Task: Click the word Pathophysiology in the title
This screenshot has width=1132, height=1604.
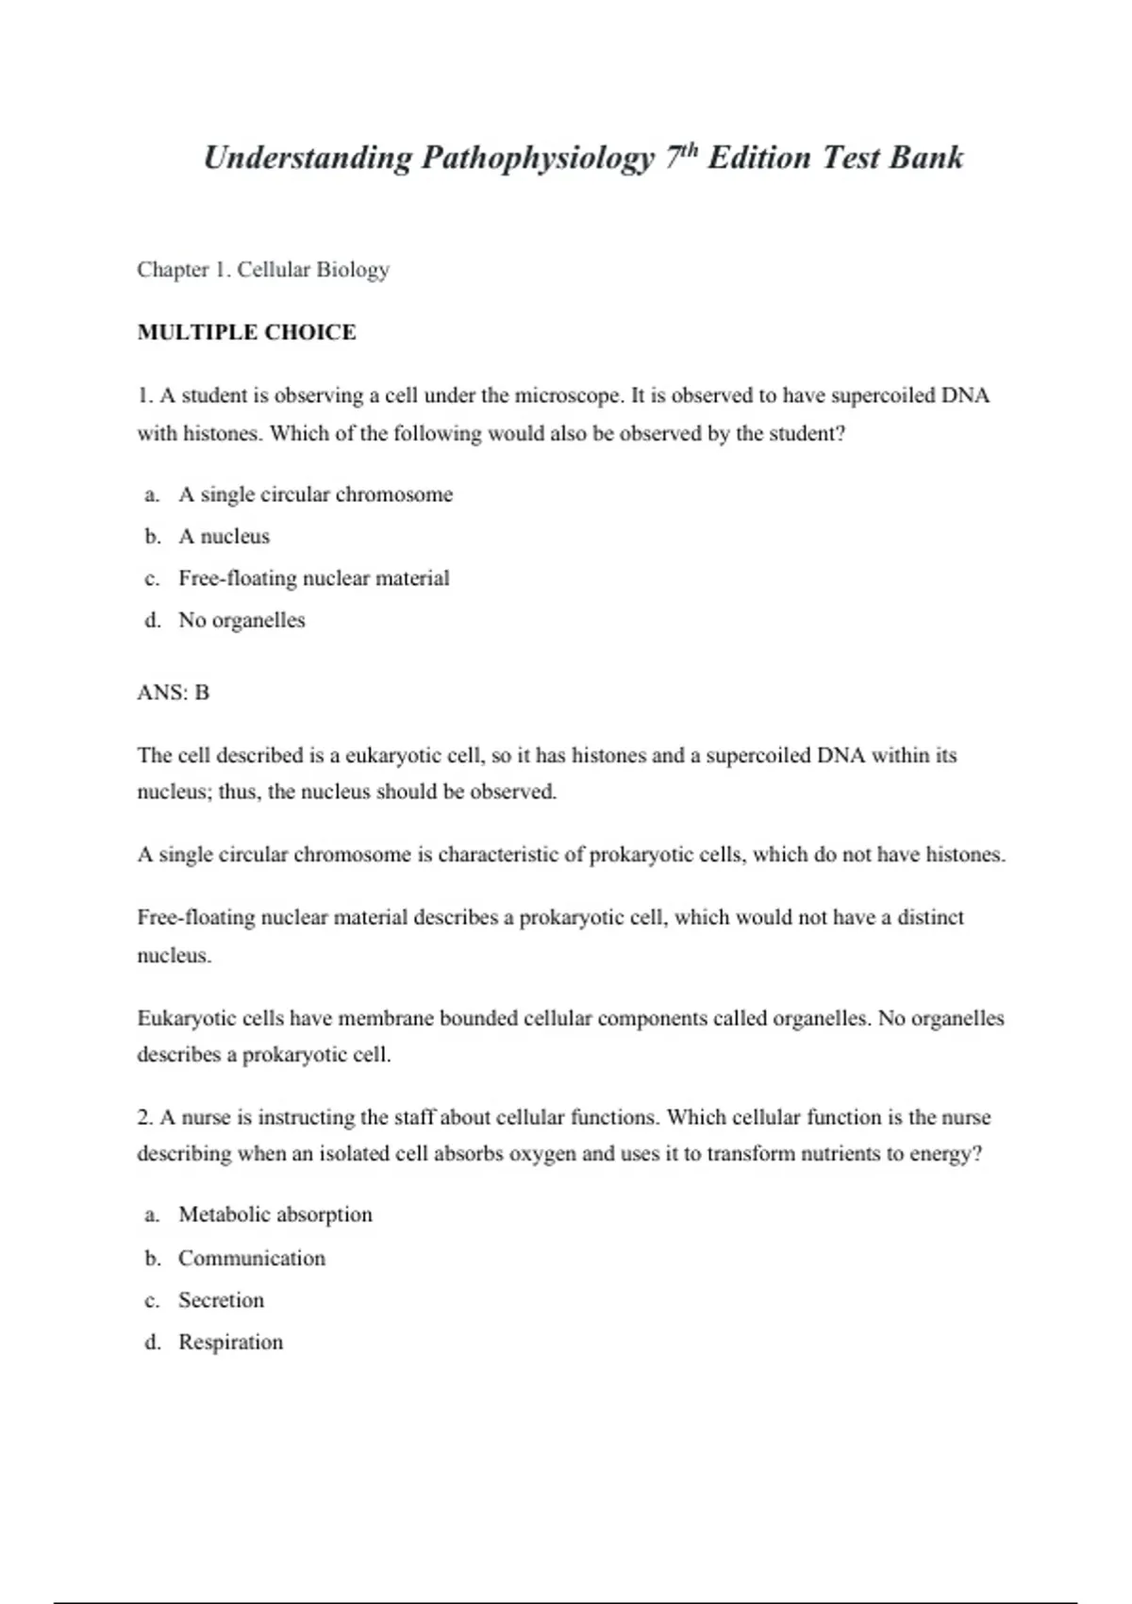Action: click(x=537, y=158)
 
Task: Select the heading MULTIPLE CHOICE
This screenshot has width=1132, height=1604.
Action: click(x=246, y=332)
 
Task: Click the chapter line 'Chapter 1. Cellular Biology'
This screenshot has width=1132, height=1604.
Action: click(x=263, y=270)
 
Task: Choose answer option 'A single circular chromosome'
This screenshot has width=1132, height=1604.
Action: click(x=315, y=494)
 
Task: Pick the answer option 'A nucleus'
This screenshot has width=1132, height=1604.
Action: click(x=224, y=536)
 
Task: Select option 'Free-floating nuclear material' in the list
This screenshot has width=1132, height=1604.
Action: click(x=313, y=577)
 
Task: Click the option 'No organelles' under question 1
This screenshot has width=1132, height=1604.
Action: click(x=241, y=620)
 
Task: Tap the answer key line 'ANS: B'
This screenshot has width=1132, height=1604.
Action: click(x=174, y=693)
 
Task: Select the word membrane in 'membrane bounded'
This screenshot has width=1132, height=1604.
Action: click(x=385, y=1018)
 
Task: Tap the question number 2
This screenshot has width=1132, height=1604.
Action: click(x=145, y=1117)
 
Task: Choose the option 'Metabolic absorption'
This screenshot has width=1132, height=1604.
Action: click(x=275, y=1214)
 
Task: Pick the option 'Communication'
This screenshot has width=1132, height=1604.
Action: click(x=251, y=1258)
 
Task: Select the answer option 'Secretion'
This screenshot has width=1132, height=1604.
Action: click(x=221, y=1300)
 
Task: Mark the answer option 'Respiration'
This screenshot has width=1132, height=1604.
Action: click(x=230, y=1342)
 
